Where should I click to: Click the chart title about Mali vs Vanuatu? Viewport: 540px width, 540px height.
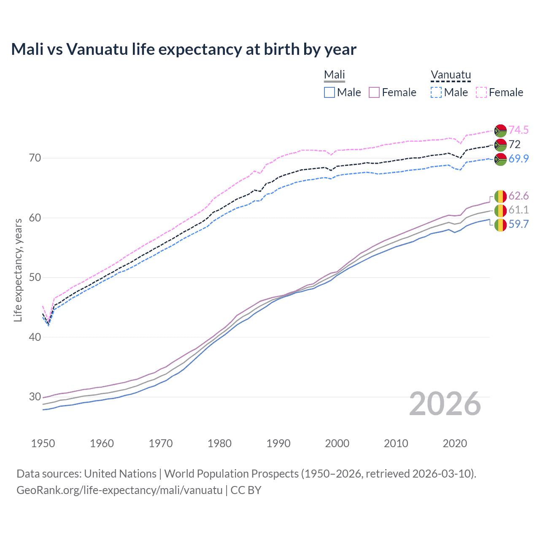[184, 49]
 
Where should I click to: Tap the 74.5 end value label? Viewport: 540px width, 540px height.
[518, 130]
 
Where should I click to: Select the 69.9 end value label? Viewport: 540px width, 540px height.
[518, 159]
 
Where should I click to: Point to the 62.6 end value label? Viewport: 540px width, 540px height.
[518, 196]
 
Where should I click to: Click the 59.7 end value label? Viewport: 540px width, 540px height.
[518, 224]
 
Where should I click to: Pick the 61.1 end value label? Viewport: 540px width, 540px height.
[518, 210]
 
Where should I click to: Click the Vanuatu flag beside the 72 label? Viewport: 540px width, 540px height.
[500, 145]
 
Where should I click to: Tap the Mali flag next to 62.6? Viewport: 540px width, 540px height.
[500, 196]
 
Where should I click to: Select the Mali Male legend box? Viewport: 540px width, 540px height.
[329, 92]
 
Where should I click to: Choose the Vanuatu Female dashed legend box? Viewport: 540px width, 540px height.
[481, 92]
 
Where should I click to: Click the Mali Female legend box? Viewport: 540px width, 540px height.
[374, 92]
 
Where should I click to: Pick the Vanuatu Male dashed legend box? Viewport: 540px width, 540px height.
[436, 92]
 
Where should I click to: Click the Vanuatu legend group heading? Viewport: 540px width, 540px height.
[451, 75]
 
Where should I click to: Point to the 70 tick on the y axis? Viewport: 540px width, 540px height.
[35, 158]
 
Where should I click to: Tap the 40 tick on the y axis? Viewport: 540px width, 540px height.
[35, 337]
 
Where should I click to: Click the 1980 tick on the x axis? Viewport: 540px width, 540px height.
[219, 443]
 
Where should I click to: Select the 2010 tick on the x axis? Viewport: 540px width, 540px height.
[396, 443]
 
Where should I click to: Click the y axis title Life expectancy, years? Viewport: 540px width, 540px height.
[18, 270]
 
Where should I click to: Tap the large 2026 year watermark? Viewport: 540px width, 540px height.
[445, 404]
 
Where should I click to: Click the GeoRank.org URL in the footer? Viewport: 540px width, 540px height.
[119, 490]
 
